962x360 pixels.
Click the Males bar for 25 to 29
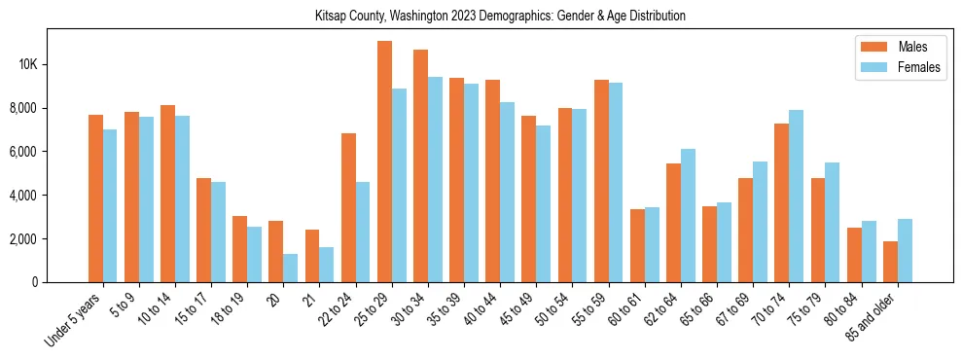(x=384, y=162)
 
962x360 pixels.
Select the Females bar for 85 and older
(x=905, y=250)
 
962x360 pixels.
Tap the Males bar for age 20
(x=276, y=251)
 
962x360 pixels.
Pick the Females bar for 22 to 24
(x=363, y=232)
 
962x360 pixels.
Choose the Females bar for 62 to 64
(x=688, y=215)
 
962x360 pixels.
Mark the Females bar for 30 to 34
(x=435, y=179)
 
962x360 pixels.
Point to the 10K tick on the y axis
(x=26, y=65)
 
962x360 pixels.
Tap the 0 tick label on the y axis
(x=34, y=282)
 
